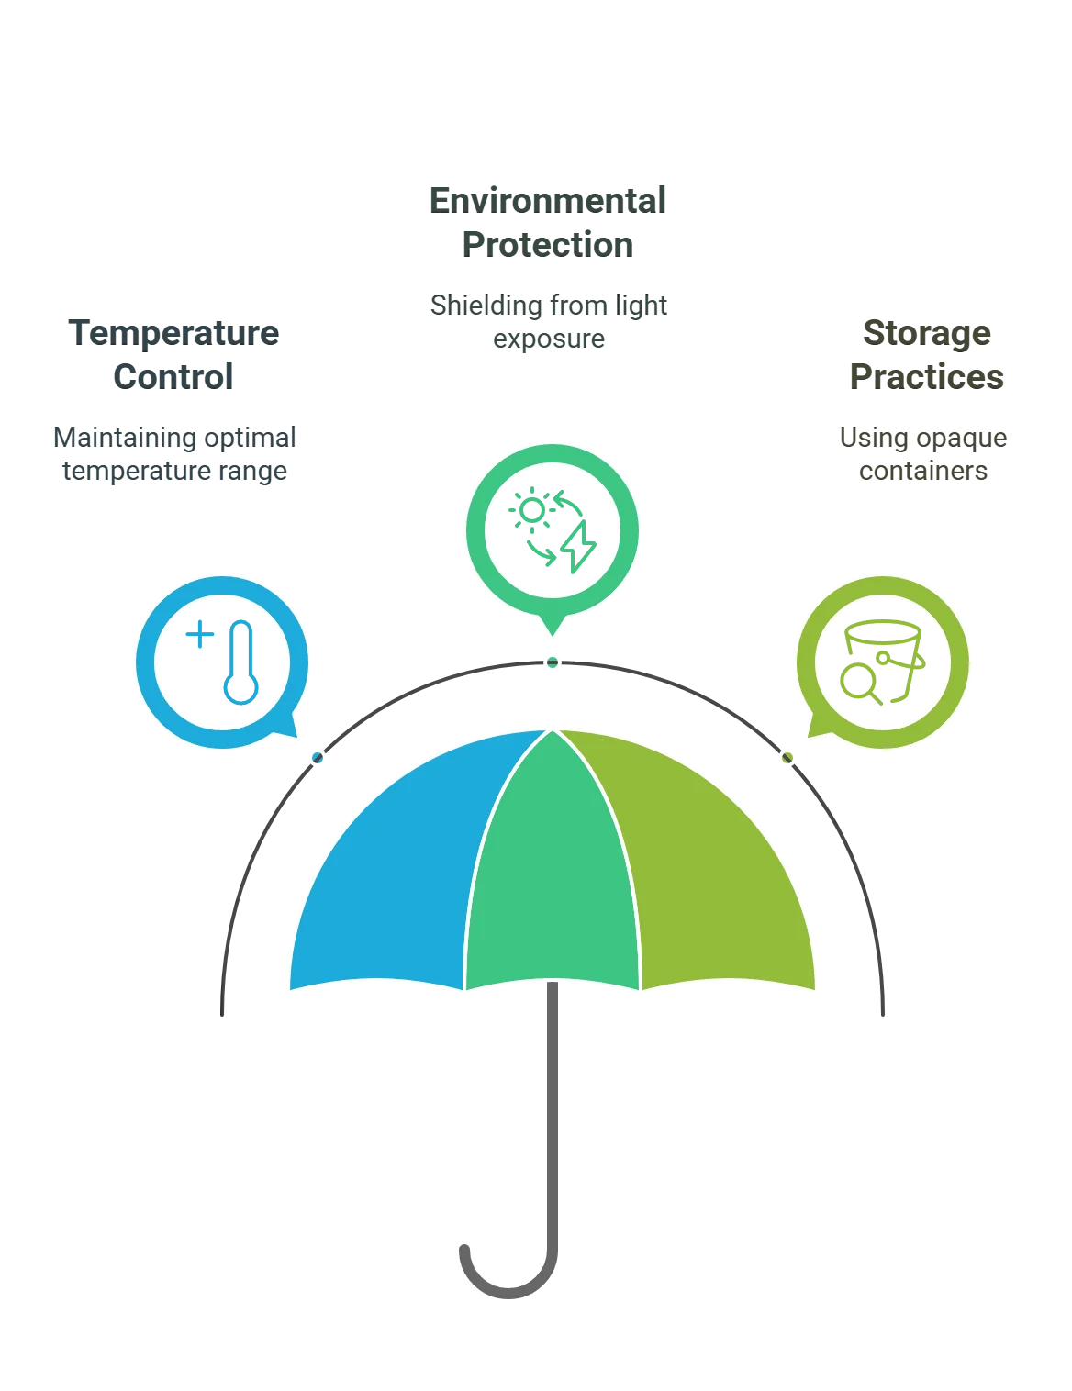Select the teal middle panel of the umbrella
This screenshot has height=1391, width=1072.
point(551,881)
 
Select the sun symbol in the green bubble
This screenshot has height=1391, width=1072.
point(531,509)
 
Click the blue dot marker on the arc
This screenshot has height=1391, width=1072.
point(318,759)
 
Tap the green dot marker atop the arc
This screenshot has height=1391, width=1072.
point(553,662)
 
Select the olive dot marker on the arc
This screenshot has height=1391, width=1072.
point(787,759)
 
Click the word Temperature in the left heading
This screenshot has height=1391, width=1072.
point(173,332)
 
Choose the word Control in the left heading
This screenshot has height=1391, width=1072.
point(173,376)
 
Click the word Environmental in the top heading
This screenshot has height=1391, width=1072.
point(547,200)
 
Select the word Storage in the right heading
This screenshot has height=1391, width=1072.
point(924,332)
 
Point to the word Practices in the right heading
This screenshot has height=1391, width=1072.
point(924,376)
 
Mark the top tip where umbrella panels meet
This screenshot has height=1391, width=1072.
point(553,730)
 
